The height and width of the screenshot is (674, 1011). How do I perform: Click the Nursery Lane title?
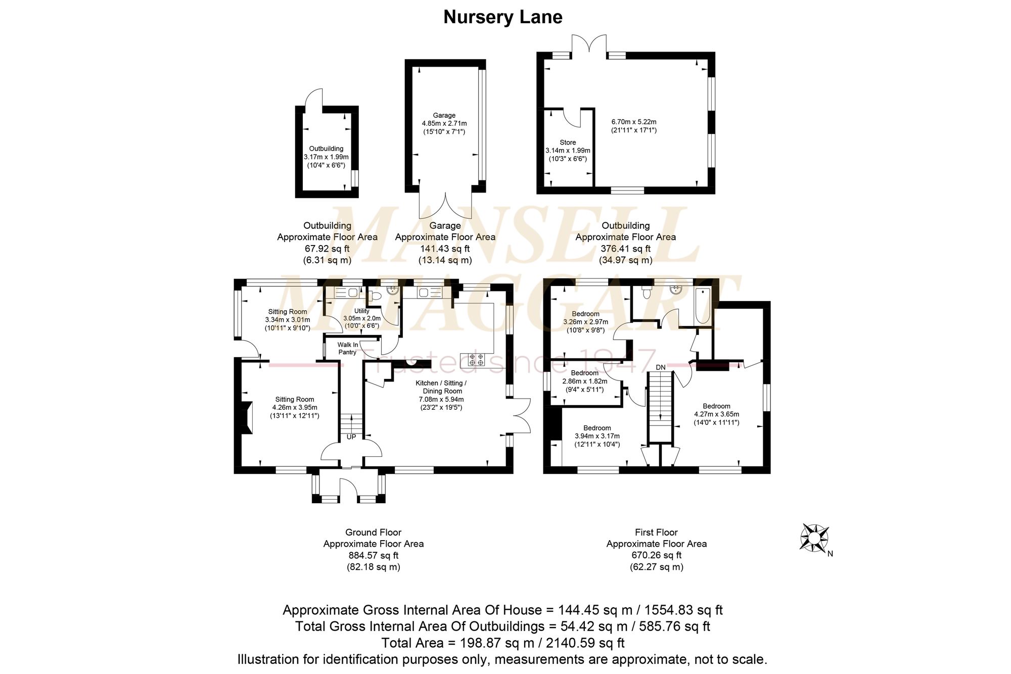click(503, 17)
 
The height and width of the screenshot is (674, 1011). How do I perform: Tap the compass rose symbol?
click(814, 538)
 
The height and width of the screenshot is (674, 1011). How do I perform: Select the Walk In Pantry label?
click(348, 348)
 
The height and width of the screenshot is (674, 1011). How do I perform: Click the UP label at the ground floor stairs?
click(351, 437)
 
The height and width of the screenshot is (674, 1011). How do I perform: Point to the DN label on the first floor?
click(661, 367)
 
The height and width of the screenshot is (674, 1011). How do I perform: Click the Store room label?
click(568, 142)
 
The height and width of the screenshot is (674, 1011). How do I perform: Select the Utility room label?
click(362, 311)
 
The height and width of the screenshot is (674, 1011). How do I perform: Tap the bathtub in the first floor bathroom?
click(703, 306)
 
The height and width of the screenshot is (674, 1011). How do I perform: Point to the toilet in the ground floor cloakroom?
click(376, 296)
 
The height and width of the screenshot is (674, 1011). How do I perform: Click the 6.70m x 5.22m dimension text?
click(634, 122)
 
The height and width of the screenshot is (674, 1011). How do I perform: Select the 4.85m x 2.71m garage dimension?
click(444, 123)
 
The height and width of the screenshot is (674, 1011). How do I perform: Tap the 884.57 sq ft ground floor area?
click(374, 555)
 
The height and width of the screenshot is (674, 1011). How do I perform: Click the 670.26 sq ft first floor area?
click(657, 555)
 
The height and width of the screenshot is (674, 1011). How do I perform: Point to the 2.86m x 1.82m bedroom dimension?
click(584, 381)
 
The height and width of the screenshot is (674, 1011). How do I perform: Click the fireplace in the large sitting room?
click(246, 417)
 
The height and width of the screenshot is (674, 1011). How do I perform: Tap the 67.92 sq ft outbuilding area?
click(327, 249)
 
